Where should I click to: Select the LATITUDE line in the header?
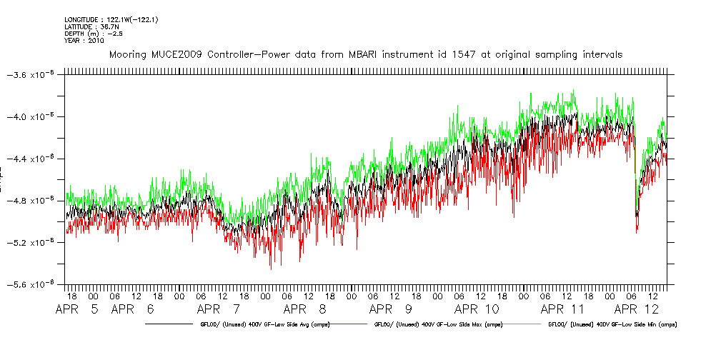point(89,26)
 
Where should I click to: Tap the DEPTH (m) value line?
point(90,34)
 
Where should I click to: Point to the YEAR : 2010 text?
point(84,41)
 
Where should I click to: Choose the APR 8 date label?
point(304,310)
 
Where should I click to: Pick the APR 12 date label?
point(640,310)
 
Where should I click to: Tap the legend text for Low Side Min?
point(612,325)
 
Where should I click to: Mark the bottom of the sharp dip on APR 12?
point(637,230)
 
